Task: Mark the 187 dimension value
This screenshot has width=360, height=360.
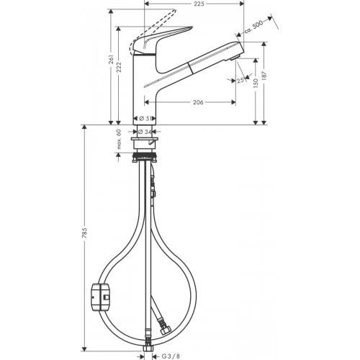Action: [268, 77]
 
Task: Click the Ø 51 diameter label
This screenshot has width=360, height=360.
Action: [145, 119]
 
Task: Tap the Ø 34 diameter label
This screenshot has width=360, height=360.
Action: [145, 131]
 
